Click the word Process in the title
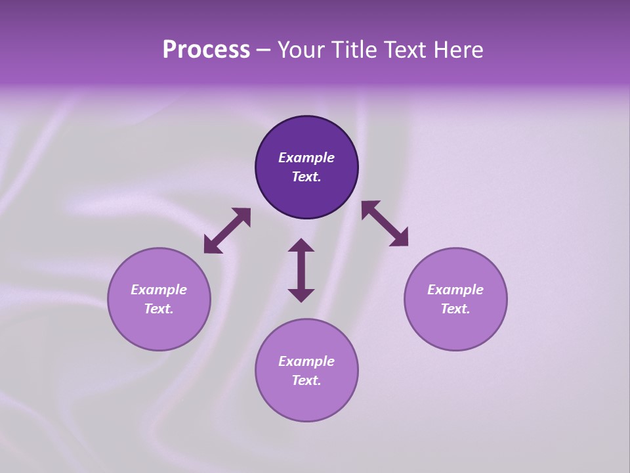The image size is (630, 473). tap(206, 50)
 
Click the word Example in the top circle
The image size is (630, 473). tap(306, 158)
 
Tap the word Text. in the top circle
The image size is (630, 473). tap(306, 177)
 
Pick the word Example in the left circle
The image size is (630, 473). tap(159, 290)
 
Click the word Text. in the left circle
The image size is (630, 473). tap(159, 309)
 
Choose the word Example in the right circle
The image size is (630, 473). tap(455, 290)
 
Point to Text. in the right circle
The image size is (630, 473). tap(455, 309)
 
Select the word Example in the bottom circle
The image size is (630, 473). tap(306, 361)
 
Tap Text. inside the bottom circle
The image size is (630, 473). tap(306, 380)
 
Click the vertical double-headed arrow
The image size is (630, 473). tap(301, 270)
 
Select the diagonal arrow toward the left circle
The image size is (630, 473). tap(227, 231)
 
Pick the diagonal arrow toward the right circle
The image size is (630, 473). tap(385, 223)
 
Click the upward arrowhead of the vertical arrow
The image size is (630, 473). tap(301, 246)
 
